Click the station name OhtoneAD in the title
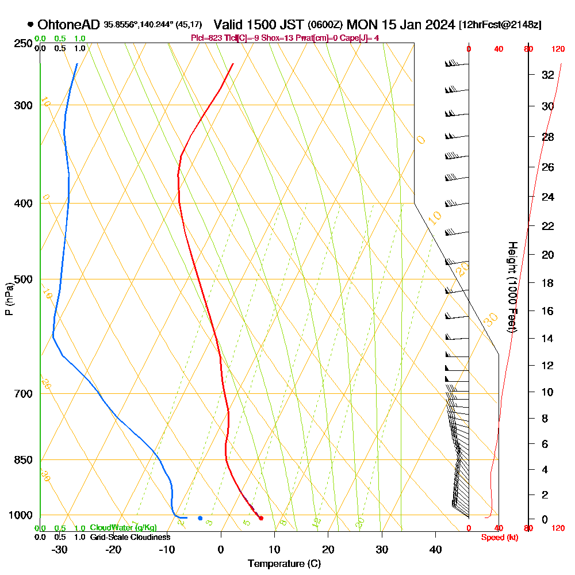68,25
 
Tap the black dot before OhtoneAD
30,25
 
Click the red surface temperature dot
261,518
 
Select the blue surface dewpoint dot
200,518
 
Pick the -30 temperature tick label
60,549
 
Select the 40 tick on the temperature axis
435,549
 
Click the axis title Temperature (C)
284,563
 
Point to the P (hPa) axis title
9,299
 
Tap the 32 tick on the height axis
547,75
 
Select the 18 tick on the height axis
547,283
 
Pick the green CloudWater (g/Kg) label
123,528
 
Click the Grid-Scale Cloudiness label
130,537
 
